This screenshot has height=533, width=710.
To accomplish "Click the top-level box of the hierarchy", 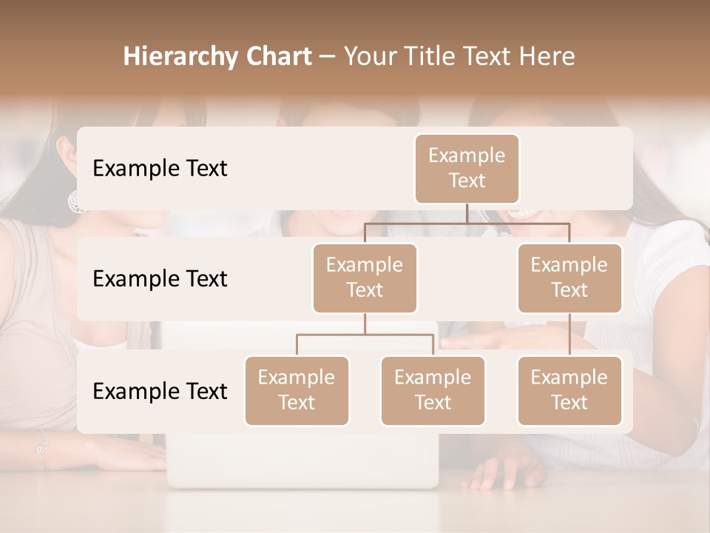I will [467, 168].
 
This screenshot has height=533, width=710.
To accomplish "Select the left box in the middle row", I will [365, 278].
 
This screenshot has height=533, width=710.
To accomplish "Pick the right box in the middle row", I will [569, 278].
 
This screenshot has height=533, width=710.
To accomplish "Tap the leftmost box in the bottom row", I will [297, 390].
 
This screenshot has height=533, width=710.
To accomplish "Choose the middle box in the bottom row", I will [433, 390].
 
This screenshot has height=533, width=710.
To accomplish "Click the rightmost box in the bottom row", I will [569, 390].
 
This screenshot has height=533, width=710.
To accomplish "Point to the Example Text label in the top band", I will [160, 169].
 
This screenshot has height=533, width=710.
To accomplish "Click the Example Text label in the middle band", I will [160, 279].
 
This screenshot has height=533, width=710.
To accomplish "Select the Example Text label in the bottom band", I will [160, 392].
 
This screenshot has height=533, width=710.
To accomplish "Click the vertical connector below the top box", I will [467, 213].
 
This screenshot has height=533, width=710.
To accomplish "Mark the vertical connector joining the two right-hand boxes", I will [569, 335].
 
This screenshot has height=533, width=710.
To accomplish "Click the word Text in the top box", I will [467, 181].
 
